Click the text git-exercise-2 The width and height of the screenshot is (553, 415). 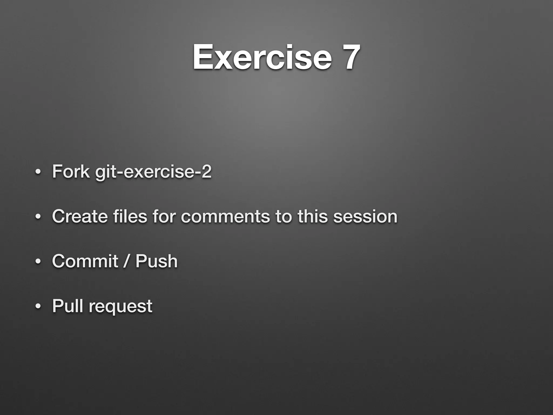(153, 172)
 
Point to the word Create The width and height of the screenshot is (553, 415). (80, 216)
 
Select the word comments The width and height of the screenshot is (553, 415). (225, 217)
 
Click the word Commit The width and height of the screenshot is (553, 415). (85, 261)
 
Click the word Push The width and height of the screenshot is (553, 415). (156, 261)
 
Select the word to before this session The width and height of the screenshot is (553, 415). (284, 216)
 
